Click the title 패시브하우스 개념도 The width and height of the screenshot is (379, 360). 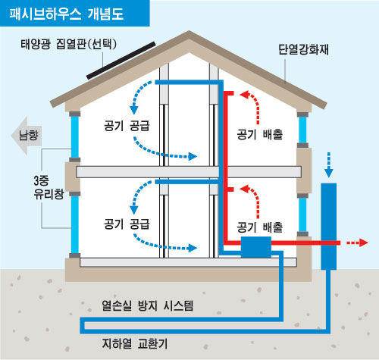[67, 14]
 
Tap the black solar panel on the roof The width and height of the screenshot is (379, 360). [121, 61]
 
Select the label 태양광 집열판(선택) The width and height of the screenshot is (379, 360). [69, 44]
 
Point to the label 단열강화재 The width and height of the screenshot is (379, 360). [303, 49]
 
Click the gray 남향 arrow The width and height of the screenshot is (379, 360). [27, 136]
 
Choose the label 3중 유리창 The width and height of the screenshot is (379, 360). [49, 187]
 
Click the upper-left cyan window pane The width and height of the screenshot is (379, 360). [75, 136]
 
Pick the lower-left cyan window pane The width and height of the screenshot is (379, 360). [75, 224]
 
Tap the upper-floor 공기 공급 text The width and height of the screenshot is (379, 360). [127, 126]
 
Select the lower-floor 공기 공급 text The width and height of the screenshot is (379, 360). [127, 224]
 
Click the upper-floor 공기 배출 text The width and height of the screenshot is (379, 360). [260, 134]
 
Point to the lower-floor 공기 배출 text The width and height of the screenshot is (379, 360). [260, 227]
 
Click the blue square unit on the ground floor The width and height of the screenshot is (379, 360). [256, 247]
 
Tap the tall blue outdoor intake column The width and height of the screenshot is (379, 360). [328, 227]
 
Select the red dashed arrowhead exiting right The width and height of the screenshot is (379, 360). [363, 243]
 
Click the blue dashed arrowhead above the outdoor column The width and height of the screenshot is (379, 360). [328, 174]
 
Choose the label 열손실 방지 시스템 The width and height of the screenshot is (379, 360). [148, 305]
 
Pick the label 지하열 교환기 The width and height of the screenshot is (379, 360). [135, 343]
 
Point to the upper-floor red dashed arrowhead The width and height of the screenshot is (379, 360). [244, 95]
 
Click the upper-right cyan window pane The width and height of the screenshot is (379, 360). [302, 130]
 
